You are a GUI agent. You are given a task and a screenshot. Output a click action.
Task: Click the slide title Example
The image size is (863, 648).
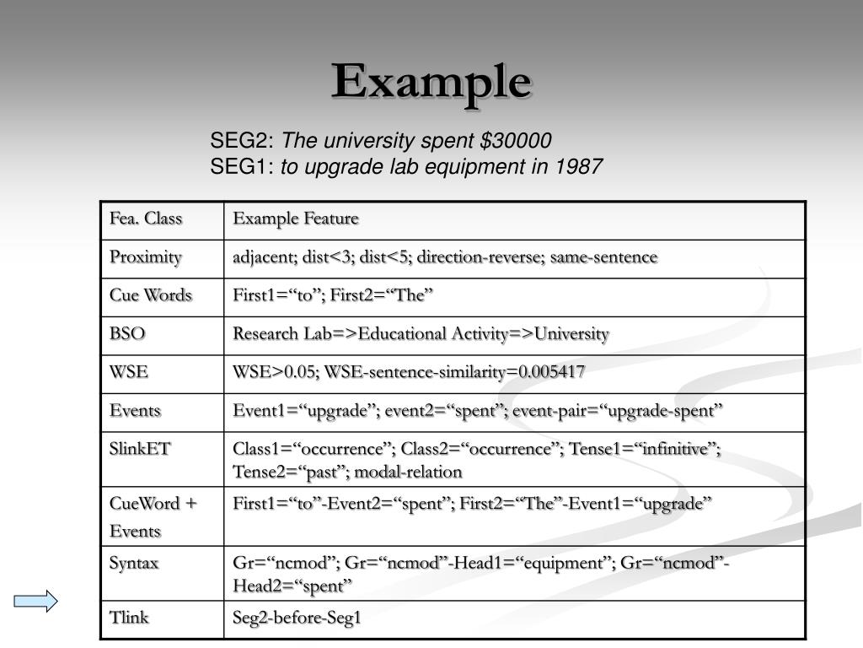(431, 83)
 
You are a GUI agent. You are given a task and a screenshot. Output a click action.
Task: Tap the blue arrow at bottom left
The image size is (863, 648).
(35, 601)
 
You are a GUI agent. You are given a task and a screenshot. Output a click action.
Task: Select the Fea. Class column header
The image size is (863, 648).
(145, 219)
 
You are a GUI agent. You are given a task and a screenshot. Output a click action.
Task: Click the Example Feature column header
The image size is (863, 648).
(296, 219)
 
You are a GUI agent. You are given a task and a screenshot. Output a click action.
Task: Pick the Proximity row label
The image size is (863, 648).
(145, 257)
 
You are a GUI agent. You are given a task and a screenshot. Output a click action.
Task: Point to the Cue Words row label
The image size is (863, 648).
(150, 295)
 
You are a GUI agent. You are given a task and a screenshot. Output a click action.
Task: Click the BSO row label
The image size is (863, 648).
(127, 334)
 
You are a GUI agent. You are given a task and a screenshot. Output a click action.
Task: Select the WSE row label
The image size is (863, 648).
(126, 372)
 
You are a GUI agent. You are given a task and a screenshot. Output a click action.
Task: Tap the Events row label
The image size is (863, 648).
(135, 411)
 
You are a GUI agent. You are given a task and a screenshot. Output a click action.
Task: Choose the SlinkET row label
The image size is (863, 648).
(140, 449)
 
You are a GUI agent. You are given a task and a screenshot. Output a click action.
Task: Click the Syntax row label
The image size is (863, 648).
(134, 563)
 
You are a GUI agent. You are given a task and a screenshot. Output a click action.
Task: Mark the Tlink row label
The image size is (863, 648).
(129, 618)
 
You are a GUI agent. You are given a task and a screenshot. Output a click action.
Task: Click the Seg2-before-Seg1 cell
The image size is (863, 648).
(297, 618)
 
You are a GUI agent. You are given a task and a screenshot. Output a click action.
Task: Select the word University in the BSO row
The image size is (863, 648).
(571, 334)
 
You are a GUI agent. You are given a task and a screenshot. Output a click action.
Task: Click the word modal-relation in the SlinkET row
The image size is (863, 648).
(408, 472)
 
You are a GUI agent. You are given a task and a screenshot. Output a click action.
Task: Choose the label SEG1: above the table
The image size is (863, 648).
(242, 167)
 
